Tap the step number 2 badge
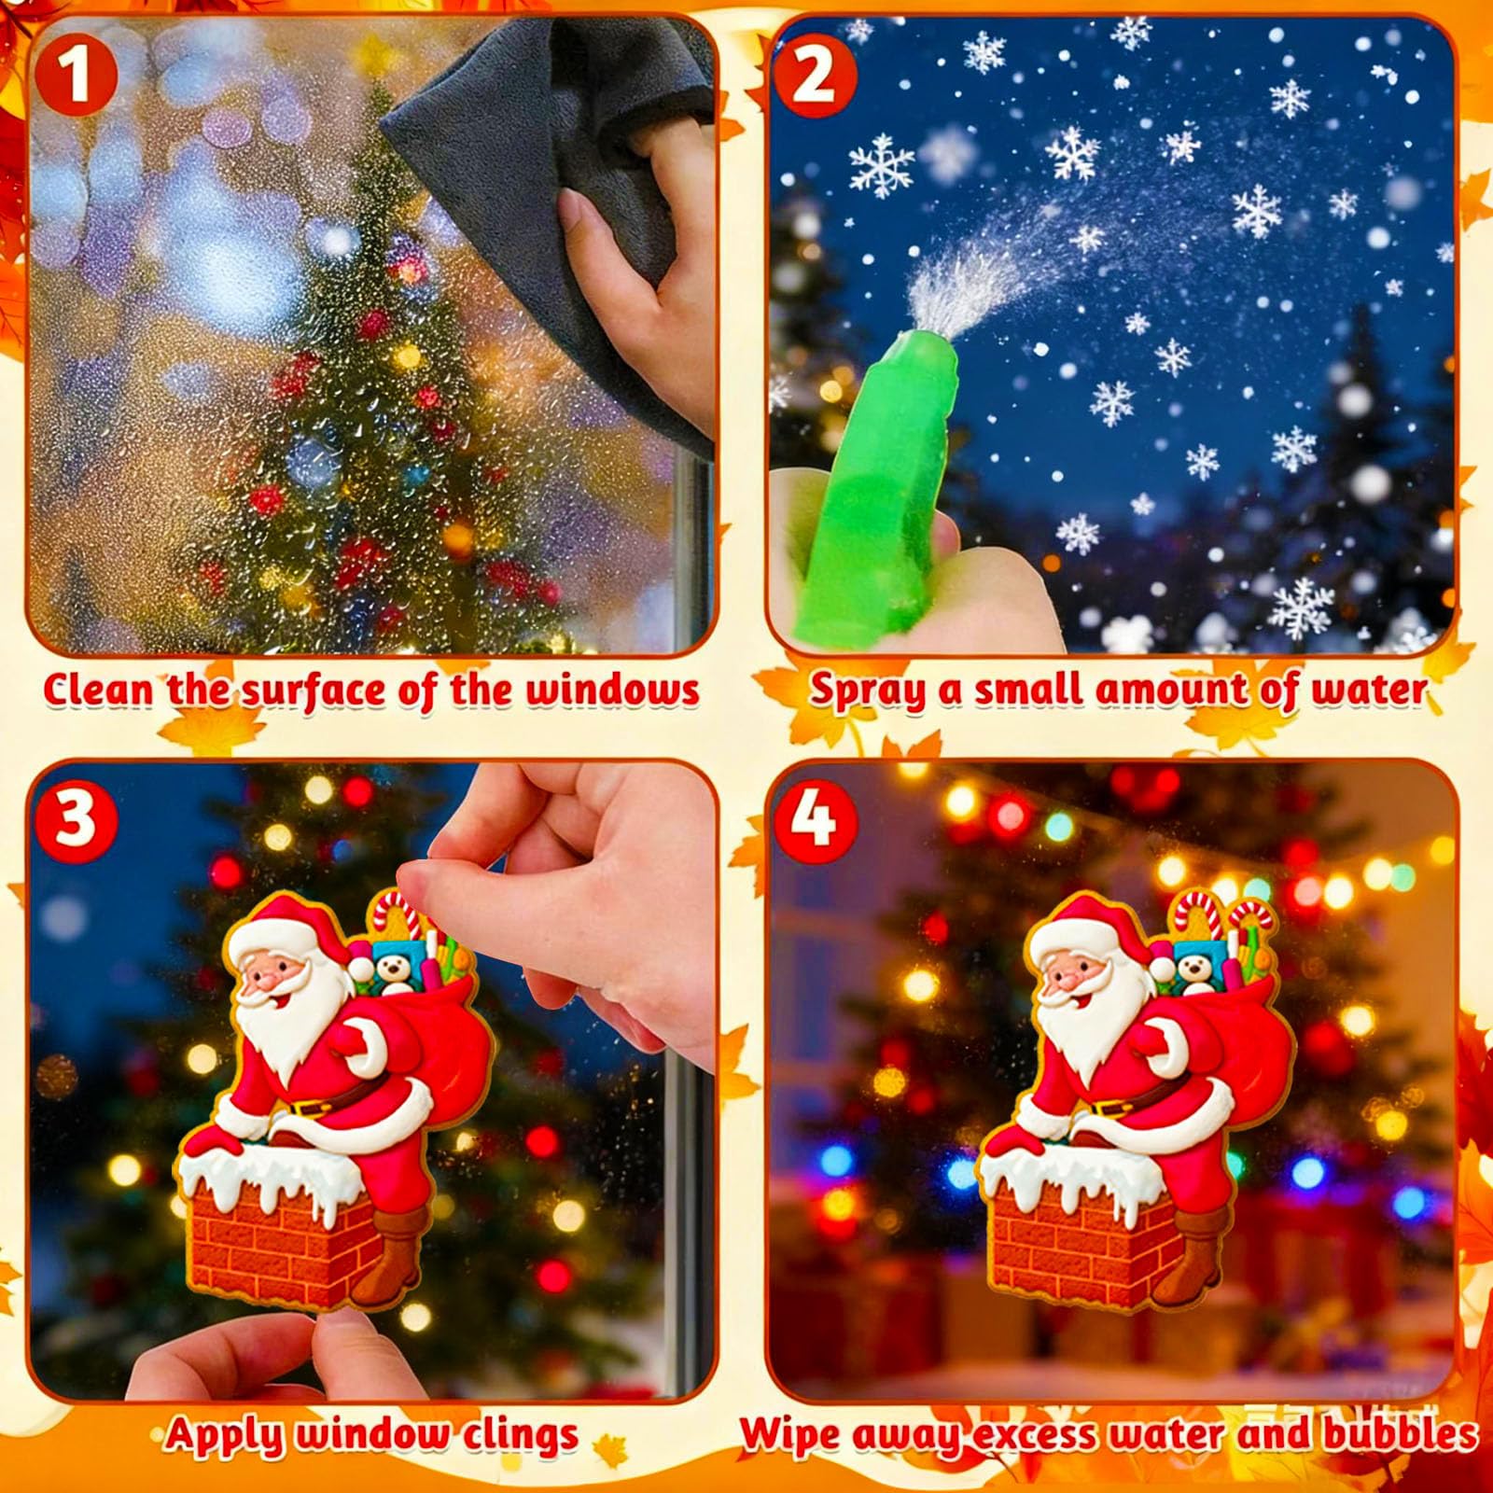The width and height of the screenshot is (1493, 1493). (x=814, y=75)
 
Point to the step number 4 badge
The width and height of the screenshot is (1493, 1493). (x=814, y=817)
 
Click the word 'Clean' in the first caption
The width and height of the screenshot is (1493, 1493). (x=97, y=691)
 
